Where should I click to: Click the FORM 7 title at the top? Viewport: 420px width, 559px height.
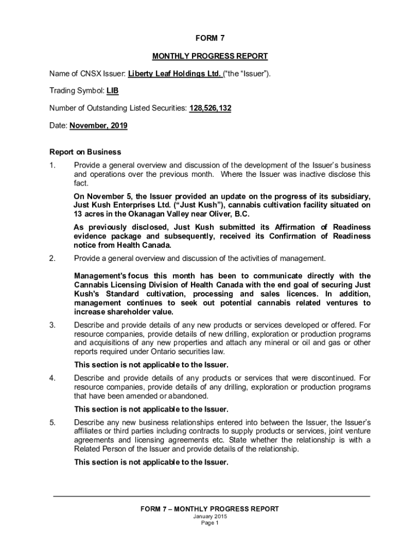(x=210, y=38)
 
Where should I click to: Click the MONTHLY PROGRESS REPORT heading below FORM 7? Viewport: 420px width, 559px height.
(x=210, y=56)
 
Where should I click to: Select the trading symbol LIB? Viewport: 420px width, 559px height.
(x=112, y=91)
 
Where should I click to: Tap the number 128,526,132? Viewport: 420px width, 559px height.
(x=210, y=109)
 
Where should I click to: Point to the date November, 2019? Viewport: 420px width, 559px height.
(x=98, y=126)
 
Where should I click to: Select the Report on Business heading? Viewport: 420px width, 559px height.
(x=85, y=152)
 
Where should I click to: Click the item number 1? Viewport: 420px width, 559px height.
(x=52, y=165)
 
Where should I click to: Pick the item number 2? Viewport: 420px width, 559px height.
(x=52, y=258)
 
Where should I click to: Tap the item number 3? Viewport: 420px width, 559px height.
(x=52, y=325)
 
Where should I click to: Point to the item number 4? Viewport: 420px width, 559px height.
(x=52, y=378)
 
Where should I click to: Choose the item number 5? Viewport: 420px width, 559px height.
(x=52, y=423)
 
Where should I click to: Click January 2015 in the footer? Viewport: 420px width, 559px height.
(x=210, y=516)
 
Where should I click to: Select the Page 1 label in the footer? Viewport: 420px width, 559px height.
(x=210, y=523)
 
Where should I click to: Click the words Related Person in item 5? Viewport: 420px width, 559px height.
(x=99, y=449)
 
